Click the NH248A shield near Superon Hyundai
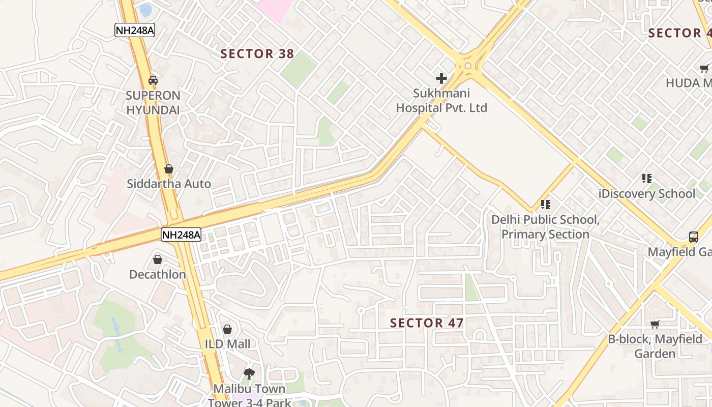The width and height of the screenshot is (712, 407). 134,30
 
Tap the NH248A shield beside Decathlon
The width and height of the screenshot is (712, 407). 181,235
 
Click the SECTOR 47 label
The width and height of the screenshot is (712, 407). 427,323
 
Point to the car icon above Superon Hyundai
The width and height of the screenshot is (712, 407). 153,80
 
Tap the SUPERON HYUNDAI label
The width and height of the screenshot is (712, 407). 153,103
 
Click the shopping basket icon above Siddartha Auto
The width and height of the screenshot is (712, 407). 169,169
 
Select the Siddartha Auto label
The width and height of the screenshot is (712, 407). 169,184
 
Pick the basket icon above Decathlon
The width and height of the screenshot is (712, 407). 158,259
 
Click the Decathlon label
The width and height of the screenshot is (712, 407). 158,275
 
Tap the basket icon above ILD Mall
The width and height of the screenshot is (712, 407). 227,329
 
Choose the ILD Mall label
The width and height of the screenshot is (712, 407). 227,344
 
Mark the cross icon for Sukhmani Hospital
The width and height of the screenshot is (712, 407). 441,78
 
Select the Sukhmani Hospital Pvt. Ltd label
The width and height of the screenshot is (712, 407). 441,101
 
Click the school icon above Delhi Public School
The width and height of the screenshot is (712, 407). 546,205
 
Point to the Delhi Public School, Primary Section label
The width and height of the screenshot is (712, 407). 545,227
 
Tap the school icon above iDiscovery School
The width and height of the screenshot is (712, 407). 647,179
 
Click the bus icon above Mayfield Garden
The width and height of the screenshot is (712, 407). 694,237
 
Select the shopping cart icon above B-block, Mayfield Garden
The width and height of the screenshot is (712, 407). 655,324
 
